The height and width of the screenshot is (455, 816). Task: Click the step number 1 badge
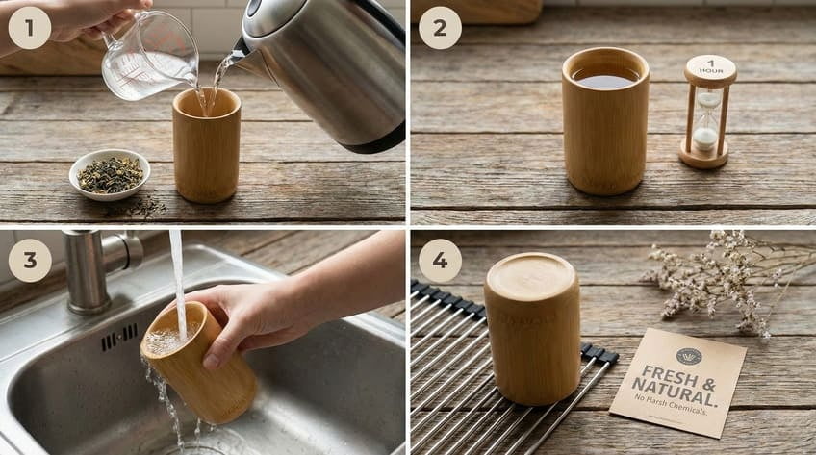tap(29, 27)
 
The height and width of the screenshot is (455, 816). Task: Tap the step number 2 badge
tap(440, 27)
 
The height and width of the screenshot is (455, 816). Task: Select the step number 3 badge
tap(29, 260)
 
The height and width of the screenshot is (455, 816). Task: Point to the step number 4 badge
tap(440, 260)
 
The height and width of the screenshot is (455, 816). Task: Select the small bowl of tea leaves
tap(110, 174)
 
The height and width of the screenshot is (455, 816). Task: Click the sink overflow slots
tap(119, 337)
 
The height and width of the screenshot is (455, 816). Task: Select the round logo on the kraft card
tap(689, 355)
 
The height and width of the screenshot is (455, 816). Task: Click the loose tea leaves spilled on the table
tap(140, 207)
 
